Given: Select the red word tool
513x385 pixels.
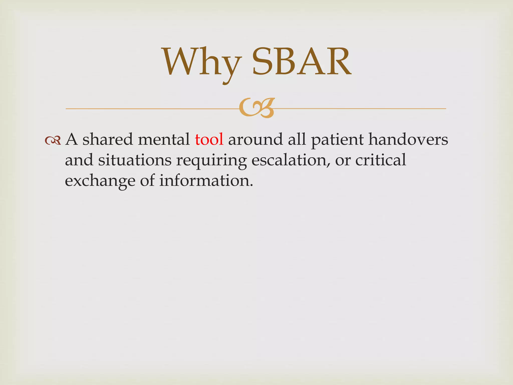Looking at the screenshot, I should (x=209, y=139).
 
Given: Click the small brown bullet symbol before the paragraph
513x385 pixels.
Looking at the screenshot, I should (x=53, y=140).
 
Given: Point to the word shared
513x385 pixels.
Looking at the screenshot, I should (x=107, y=139).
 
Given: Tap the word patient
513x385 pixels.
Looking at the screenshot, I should (x=337, y=140).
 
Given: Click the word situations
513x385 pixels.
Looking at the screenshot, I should (x=135, y=160).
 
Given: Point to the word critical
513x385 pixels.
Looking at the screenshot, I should (x=380, y=160).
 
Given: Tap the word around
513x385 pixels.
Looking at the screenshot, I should (x=255, y=139).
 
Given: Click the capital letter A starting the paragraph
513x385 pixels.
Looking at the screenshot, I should (x=71, y=139).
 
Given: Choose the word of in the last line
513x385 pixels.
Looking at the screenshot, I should (x=147, y=181).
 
